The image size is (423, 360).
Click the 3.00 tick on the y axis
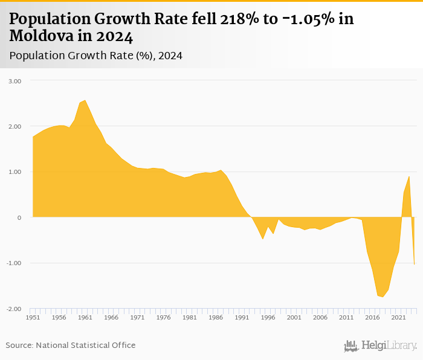[14, 81]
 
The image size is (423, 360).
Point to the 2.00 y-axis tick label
[14, 126]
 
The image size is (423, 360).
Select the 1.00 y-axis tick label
[14, 172]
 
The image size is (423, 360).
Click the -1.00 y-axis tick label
[13, 263]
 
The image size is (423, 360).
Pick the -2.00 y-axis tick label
[13, 309]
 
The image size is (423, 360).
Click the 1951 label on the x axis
[33, 317]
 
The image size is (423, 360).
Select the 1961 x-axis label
[85, 317]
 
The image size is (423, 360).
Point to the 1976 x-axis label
[163, 317]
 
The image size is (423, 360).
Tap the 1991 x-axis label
[242, 317]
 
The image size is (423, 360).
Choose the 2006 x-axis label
[320, 317]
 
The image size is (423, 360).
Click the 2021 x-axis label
[398, 317]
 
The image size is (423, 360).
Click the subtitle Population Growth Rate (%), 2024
[95, 56]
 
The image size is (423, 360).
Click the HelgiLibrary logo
[381, 346]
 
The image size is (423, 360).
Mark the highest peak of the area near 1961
[85, 100]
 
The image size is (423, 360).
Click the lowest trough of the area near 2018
[383, 297]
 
